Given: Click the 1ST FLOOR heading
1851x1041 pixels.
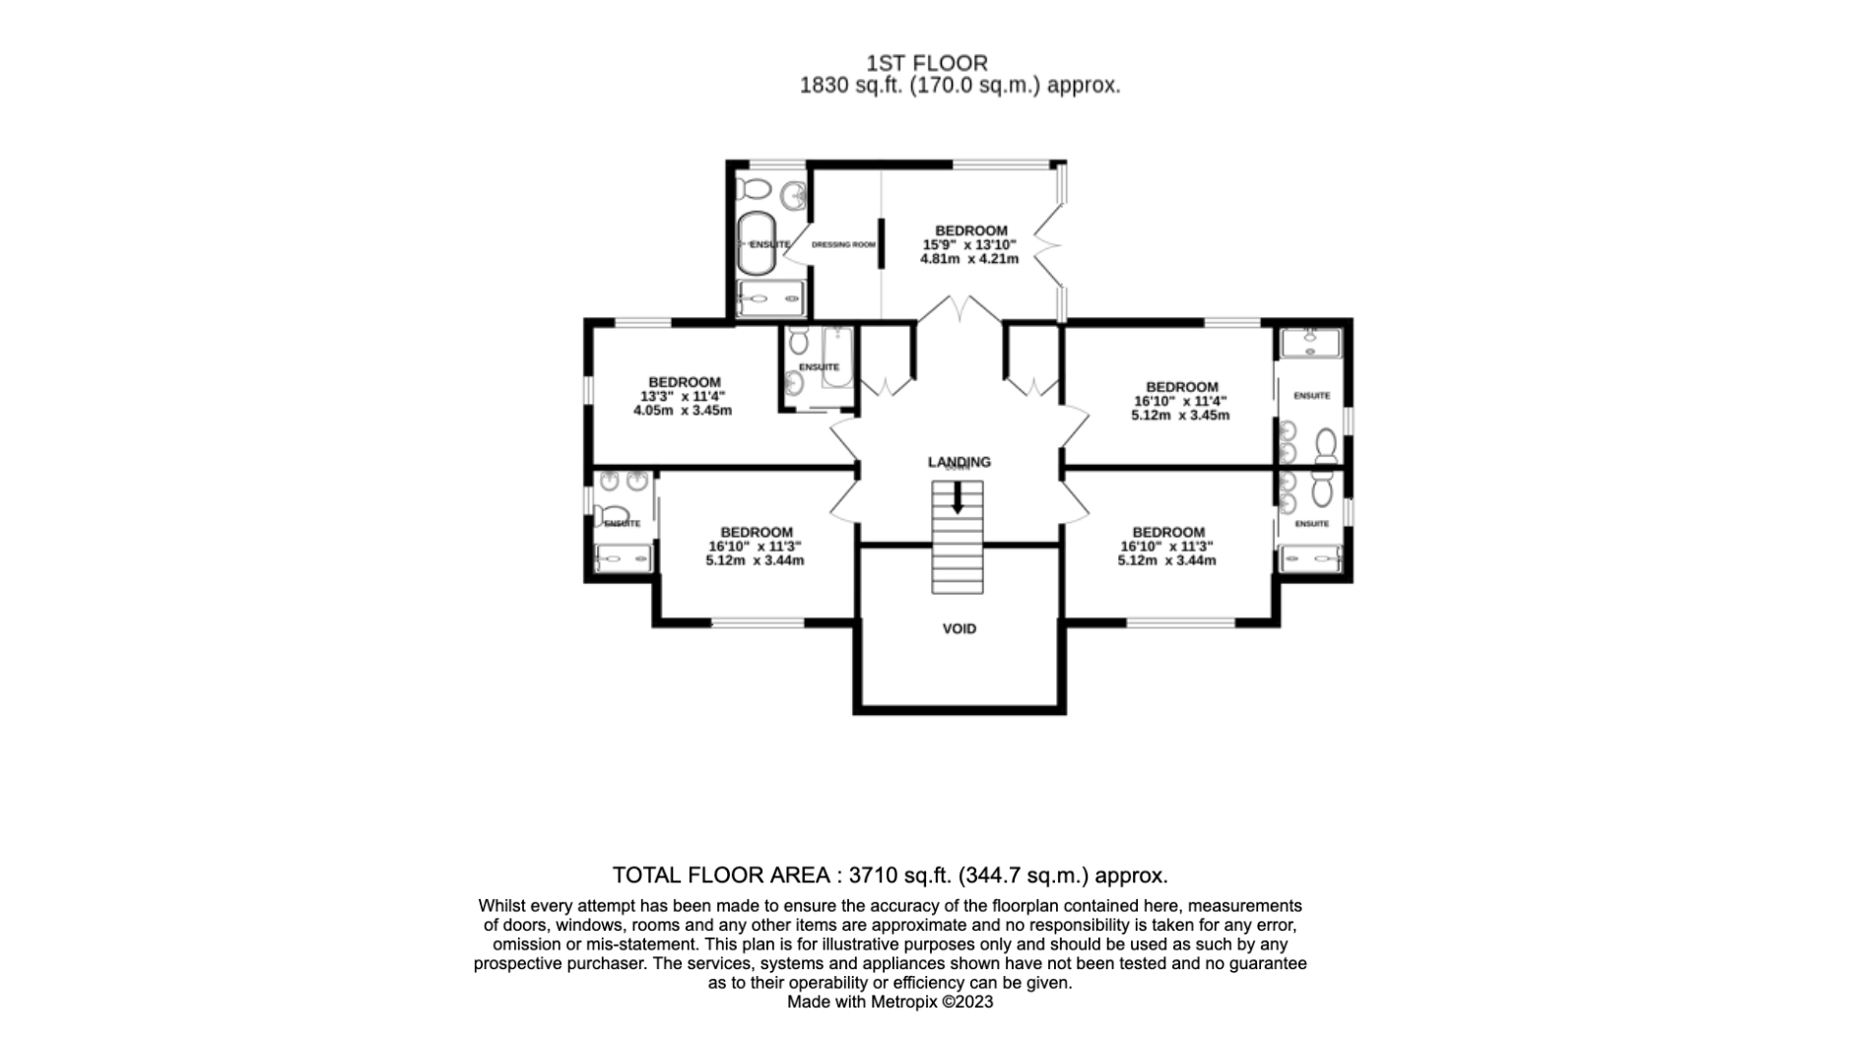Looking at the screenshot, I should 926,64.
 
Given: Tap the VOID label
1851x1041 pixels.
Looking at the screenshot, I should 959,628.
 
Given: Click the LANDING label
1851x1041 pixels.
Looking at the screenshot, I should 959,461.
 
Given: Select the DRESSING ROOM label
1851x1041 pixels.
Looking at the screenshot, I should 843,244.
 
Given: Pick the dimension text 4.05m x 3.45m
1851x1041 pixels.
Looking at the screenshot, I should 682,410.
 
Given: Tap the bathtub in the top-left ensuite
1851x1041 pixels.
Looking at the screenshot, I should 757,242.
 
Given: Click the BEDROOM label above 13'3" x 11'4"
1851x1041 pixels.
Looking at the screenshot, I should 684,382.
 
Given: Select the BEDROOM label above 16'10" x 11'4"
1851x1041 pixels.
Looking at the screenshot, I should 1181,387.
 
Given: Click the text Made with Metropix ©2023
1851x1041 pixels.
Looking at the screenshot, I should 890,1002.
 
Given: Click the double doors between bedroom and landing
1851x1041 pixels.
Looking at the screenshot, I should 959,309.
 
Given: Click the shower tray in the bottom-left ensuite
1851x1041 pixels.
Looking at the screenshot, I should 624,558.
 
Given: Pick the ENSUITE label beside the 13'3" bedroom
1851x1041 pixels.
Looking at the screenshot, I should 819,367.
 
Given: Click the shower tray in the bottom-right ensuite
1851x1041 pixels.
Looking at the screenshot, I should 1310,559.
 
